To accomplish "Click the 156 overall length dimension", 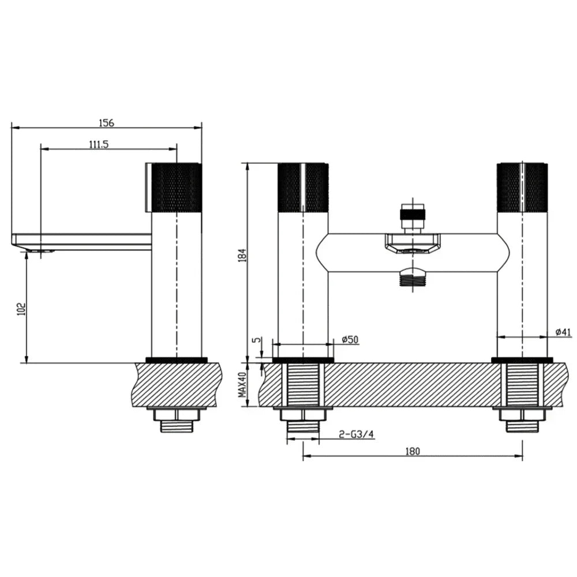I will click(106, 122).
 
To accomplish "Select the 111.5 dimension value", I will click(99, 144).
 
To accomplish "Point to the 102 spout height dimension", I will click(21, 309).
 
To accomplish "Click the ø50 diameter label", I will click(350, 340).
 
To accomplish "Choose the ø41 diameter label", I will click(563, 332).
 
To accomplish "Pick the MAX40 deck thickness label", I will click(242, 385).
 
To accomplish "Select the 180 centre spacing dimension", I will click(412, 451).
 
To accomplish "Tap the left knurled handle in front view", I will click(303, 188).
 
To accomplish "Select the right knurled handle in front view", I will click(522, 188).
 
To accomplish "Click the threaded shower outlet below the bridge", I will click(413, 280).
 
